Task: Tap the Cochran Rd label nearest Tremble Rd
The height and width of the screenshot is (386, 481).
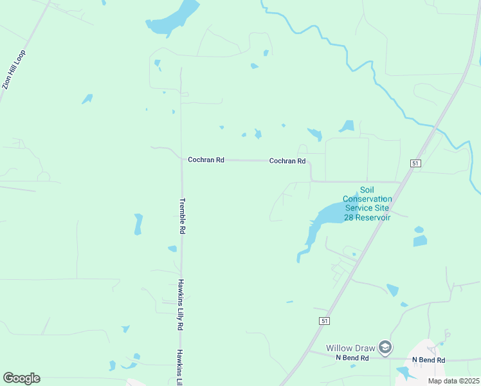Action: click(206, 160)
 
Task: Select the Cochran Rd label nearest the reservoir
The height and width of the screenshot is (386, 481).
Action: click(287, 161)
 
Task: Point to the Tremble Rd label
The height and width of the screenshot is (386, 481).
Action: click(183, 216)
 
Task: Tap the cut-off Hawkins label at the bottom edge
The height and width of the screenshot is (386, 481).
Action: click(181, 367)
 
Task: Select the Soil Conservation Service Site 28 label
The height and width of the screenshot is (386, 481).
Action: click(367, 199)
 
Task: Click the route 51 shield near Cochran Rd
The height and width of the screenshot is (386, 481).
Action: click(415, 164)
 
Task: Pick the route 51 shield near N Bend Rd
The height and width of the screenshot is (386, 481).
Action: click(324, 320)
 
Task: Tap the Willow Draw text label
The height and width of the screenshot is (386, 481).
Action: click(350, 347)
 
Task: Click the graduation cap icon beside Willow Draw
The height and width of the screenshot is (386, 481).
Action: click(385, 347)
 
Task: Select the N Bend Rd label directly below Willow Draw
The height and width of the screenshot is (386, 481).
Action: click(352, 358)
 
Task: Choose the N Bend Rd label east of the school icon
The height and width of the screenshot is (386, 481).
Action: click(428, 360)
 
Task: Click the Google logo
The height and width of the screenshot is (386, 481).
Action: click(21, 378)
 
